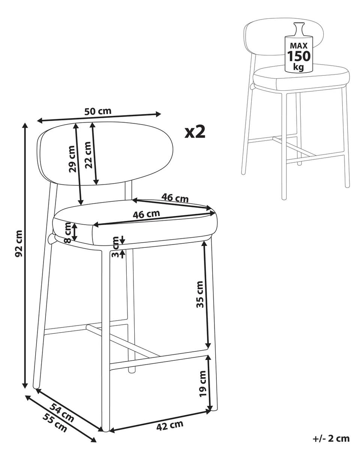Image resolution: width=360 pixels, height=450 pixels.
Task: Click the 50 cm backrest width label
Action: pyautogui.click(x=97, y=111)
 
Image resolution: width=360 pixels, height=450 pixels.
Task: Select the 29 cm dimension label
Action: pyautogui.click(x=72, y=159)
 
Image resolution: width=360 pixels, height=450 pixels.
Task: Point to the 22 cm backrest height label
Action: pyautogui.click(x=88, y=155)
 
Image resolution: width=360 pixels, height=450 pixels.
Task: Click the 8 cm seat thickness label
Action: pyautogui.click(x=68, y=232)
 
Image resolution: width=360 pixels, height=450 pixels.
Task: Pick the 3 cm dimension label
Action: pyautogui.click(x=115, y=247)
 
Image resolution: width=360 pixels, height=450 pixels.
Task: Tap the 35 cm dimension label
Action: pyautogui.click(x=200, y=295)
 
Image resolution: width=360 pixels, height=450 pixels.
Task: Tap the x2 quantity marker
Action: pyautogui.click(x=195, y=132)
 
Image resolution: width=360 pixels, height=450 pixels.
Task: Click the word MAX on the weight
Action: pyautogui.click(x=299, y=46)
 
